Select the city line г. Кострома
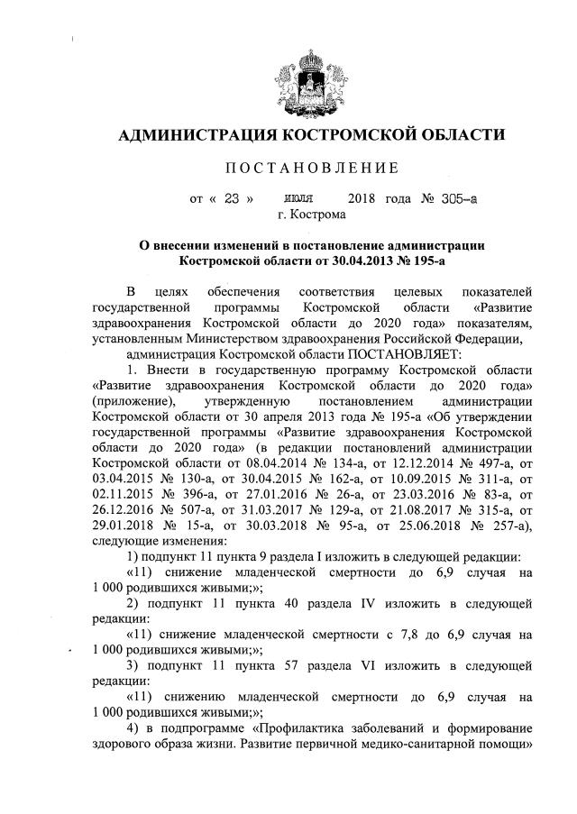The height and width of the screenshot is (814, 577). pyautogui.click(x=312, y=215)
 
